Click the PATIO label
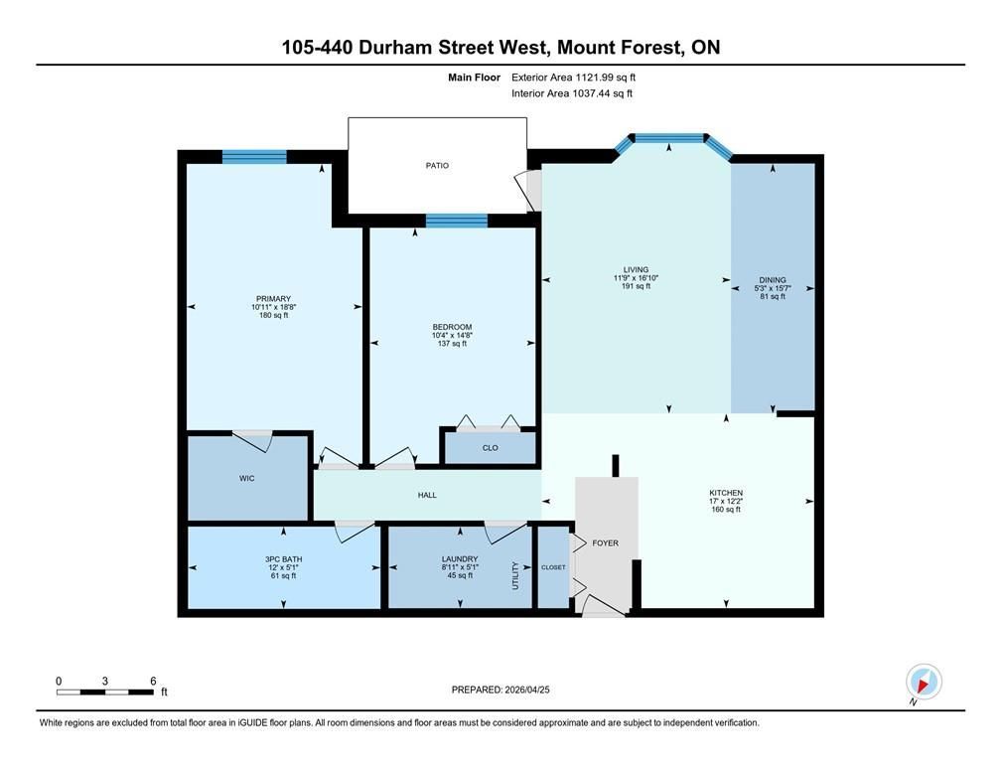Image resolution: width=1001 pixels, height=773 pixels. pos(437,166)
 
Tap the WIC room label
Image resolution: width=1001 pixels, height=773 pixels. pos(247,479)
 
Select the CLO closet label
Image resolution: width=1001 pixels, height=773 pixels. pos(491,448)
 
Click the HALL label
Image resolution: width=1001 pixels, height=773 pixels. pos(427,495)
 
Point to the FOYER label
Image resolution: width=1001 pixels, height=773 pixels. pos(605,543)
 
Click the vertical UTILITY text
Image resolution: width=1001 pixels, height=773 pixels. pos(515,575)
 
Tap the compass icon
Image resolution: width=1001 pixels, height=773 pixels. pos(924,682)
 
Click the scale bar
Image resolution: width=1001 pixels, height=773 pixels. pos(104,692)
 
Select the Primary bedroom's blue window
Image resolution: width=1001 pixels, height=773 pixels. pos(254,157)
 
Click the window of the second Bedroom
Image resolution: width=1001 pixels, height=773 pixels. pos(457,221)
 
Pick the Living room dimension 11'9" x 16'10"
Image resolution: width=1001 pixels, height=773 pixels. pos(636,278)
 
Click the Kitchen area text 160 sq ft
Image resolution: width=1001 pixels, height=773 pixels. pos(726,510)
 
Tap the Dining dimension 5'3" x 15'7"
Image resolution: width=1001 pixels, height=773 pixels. pos(773,288)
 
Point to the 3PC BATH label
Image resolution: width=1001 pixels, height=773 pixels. pos(283,559)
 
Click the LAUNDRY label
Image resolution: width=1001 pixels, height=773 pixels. pos(460,559)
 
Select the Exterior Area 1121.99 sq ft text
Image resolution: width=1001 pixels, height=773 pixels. pos(573,77)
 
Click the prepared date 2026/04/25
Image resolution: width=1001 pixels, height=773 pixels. pos(527,690)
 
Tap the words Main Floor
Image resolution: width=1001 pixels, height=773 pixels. pos(474,77)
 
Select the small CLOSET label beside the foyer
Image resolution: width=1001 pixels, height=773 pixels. pos(553,567)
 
